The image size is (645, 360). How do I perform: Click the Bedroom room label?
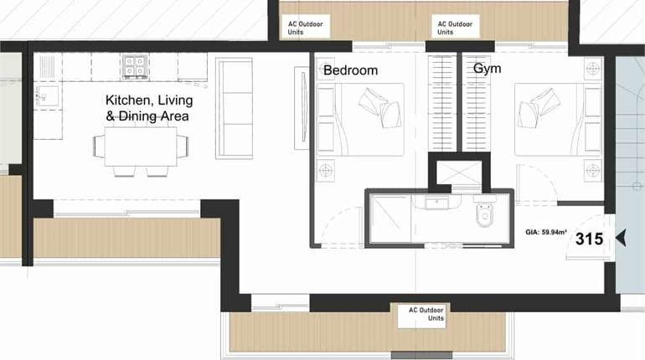[x=350, y=70]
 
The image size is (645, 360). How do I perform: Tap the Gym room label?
[x=487, y=69]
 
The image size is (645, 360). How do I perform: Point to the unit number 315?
[x=589, y=239]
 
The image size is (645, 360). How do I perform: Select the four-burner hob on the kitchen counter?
[x=134, y=64]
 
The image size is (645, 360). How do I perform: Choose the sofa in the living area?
[x=234, y=107]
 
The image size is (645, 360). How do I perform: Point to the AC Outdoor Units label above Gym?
[x=455, y=28]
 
